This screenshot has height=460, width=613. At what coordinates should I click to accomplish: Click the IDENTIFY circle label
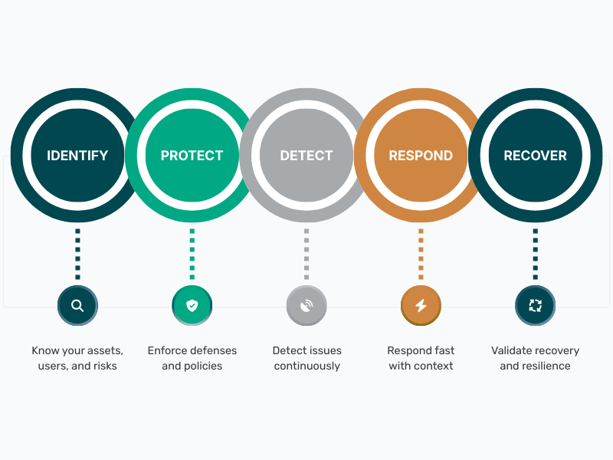pos(77,156)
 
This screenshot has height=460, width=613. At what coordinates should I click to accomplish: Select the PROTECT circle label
pos(192,156)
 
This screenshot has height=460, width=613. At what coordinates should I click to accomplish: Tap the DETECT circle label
pos(306,156)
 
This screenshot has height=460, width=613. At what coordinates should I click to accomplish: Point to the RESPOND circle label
pos(421,156)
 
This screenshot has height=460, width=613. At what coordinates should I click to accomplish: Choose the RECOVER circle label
pos(535,156)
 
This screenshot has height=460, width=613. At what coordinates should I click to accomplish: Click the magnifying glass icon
pos(77,305)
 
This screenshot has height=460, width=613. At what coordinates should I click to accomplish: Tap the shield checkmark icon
pos(192,305)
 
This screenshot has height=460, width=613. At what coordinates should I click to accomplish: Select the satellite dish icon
pos(306,305)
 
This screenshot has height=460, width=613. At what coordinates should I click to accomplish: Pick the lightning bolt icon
pos(421,305)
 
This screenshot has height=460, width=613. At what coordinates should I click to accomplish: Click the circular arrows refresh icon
pos(535,305)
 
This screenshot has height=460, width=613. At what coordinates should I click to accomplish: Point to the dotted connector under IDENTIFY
pos(77,255)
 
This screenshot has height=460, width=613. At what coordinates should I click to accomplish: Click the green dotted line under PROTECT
pos(192,255)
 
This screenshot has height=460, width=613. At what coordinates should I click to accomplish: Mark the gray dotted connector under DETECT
pos(306,255)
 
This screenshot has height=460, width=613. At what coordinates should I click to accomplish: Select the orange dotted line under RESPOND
pos(421,255)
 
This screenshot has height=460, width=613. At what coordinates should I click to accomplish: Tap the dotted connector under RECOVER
pos(535,255)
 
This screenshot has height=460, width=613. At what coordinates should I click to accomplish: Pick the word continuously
pos(307,366)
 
